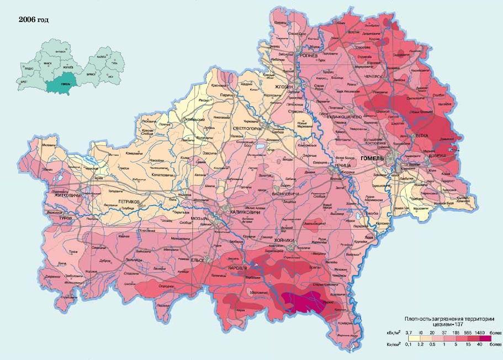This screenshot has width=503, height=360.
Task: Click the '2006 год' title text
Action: click(34, 20)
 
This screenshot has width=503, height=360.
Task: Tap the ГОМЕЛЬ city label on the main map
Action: click(372, 159)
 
